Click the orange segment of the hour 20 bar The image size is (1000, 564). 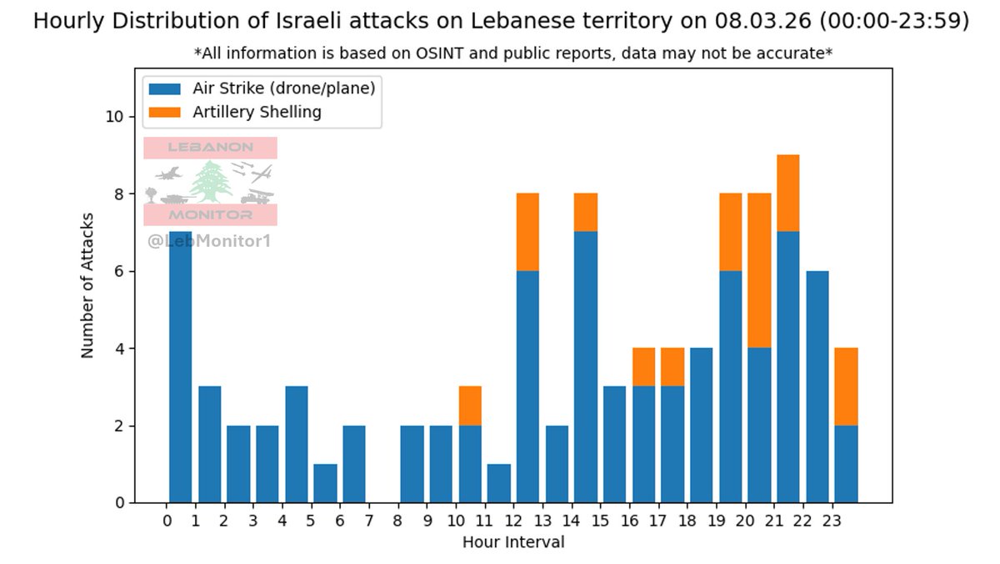click(x=759, y=270)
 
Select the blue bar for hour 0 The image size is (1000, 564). click(x=180, y=367)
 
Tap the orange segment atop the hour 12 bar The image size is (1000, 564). click(x=527, y=232)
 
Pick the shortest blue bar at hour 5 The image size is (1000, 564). click(x=325, y=483)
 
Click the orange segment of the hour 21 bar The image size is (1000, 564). click(x=787, y=193)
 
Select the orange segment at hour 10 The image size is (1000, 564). click(x=470, y=405)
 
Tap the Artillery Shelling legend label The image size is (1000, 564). click(x=257, y=112)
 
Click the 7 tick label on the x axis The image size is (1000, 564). click(x=368, y=521)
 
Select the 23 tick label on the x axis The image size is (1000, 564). click(x=829, y=521)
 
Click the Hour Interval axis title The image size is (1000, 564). click(x=513, y=542)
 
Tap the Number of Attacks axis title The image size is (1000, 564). click(x=87, y=285)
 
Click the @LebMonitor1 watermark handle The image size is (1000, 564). click(x=209, y=241)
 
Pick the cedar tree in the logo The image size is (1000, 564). click(x=211, y=182)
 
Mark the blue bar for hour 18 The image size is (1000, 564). click(x=701, y=425)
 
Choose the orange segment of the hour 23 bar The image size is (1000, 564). click(x=846, y=386)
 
